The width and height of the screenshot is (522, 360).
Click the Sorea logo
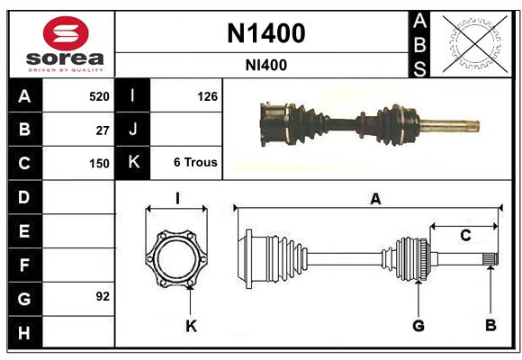point(65,43)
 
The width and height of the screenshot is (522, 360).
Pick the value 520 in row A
point(99,95)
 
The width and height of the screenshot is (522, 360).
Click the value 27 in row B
point(103,130)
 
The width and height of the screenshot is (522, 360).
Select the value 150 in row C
point(99,164)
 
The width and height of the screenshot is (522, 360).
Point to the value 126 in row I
point(207,95)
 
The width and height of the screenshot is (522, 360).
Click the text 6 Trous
point(195,163)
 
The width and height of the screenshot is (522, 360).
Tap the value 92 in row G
point(103,296)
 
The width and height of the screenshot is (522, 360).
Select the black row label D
point(24,196)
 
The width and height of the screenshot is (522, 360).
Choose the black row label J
point(133,130)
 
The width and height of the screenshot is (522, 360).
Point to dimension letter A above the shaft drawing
point(375,200)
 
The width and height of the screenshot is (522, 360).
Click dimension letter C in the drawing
point(465,236)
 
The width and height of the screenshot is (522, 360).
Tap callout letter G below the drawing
point(418,325)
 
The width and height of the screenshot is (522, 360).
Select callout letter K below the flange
point(191,325)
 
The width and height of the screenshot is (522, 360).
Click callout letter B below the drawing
point(490,325)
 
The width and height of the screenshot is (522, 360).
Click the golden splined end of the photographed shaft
point(450,125)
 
